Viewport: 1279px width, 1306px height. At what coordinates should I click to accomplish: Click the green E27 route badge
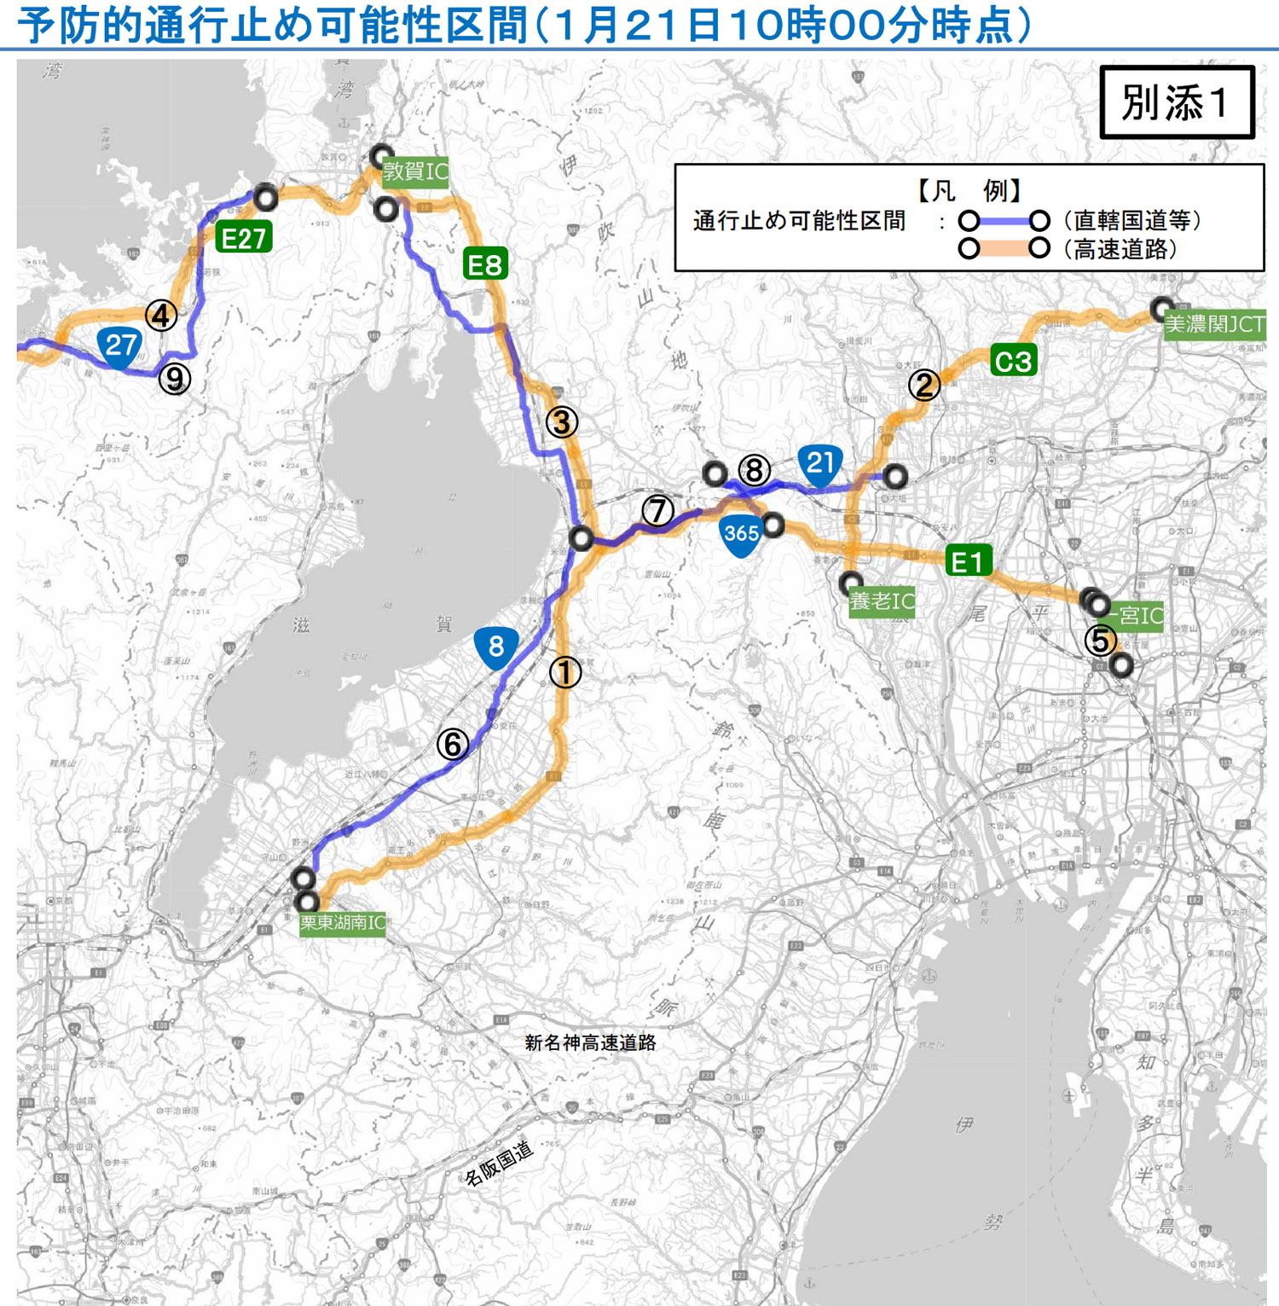(x=244, y=237)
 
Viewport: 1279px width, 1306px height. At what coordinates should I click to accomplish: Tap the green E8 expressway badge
(x=486, y=264)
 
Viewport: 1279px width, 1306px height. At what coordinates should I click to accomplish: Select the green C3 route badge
(x=1013, y=361)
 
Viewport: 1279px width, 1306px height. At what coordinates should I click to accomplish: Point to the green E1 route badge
(x=968, y=561)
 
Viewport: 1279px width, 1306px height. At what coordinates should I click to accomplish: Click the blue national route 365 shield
(x=741, y=535)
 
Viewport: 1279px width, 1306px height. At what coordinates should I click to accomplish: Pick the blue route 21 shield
(x=820, y=465)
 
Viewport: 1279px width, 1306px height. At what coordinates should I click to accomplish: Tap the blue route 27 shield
(x=120, y=347)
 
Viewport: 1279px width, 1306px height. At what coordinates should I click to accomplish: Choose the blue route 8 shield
(x=495, y=647)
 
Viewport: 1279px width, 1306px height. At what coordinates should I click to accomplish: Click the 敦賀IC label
(x=415, y=171)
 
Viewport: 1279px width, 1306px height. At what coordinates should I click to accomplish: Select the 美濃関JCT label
(x=1214, y=324)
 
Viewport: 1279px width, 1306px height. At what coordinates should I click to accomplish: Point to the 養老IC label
(x=882, y=601)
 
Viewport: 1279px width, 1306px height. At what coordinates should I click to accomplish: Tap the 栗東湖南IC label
(x=343, y=923)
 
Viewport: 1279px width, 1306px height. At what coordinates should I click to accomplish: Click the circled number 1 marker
(x=564, y=672)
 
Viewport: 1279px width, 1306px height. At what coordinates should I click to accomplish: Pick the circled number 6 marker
(x=453, y=745)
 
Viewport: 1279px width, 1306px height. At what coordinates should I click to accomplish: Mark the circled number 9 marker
(x=175, y=378)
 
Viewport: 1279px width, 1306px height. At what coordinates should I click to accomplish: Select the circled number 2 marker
(x=923, y=386)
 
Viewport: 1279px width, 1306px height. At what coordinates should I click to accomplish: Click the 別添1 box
(x=1177, y=102)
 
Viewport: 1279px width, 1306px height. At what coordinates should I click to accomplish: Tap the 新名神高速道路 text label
(x=590, y=1042)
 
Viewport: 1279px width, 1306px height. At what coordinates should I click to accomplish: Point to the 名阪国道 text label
(x=499, y=1163)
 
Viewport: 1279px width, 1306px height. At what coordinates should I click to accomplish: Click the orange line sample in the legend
(x=1004, y=249)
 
